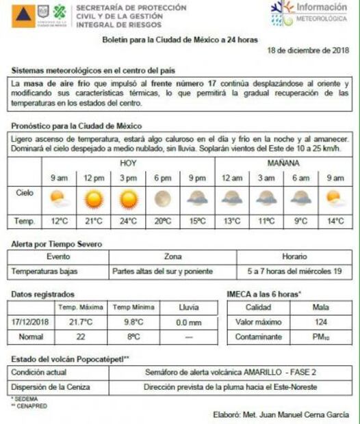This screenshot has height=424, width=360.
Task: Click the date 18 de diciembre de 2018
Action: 308,51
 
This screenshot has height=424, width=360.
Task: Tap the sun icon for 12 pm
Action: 93,199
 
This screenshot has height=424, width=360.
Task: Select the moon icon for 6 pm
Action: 163,199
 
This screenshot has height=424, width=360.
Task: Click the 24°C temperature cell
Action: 128,221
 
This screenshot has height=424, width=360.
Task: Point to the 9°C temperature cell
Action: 300,221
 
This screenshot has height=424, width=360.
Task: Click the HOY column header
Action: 128,163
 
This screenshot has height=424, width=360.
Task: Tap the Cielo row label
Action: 25,194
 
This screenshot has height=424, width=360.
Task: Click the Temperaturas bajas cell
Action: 44,271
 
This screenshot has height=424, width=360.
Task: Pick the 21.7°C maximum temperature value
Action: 81,321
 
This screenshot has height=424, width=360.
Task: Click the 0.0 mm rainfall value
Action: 188,321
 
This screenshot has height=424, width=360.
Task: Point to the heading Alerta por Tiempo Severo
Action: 57,244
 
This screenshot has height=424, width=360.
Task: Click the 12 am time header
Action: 232,178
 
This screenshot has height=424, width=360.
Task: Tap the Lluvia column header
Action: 188,307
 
